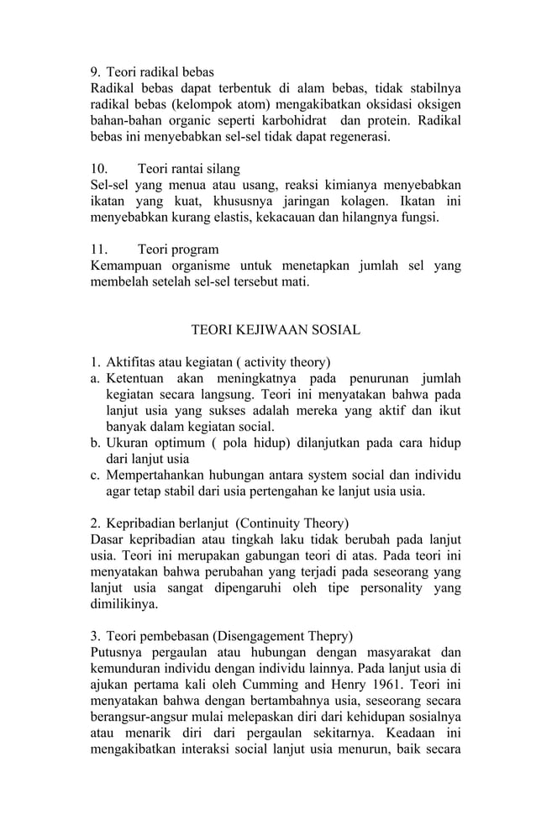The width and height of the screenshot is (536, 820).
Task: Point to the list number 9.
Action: click(x=95, y=72)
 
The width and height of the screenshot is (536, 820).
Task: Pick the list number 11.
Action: click(x=98, y=250)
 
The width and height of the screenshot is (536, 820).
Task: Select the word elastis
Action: click(x=245, y=217)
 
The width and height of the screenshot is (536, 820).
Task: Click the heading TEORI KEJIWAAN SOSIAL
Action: click(x=276, y=330)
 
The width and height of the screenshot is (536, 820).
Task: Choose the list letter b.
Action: click(x=94, y=443)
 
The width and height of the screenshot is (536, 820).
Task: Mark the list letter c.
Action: click(x=94, y=475)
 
